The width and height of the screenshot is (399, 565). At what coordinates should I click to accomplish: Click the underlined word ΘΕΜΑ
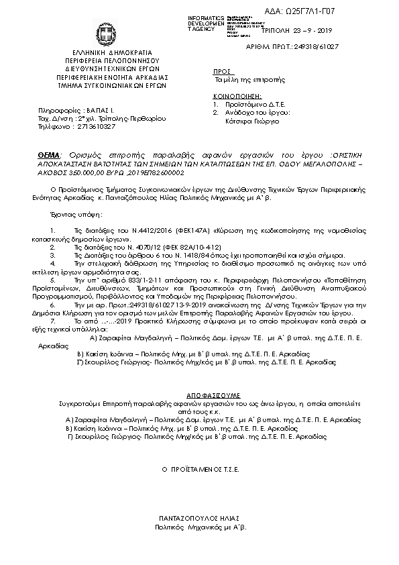(48, 154)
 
